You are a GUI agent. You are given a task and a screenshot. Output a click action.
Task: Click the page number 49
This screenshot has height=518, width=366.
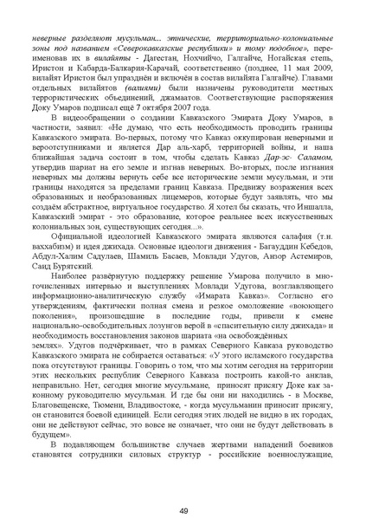coord(183,486)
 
